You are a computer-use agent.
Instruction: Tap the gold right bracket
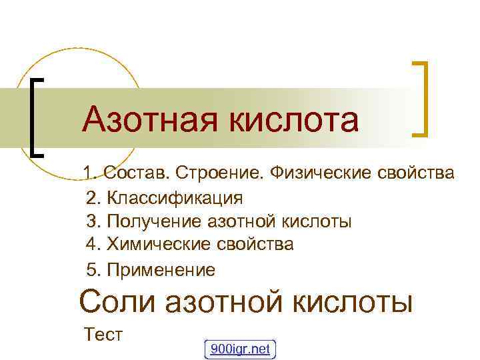coord(422,98)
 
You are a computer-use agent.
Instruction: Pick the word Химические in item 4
coord(155,245)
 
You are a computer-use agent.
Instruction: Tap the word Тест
coord(104,334)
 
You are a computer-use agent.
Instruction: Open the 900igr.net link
coord(240,349)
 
